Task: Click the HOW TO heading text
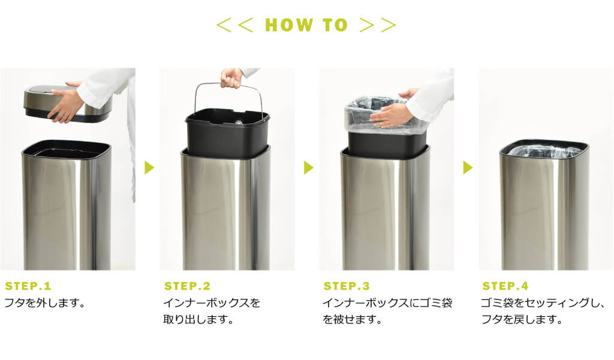[306, 25]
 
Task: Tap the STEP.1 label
[28, 286]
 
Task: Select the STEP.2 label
[187, 286]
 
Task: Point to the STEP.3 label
[347, 286]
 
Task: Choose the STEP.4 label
[505, 286]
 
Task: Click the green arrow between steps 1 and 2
[149, 167]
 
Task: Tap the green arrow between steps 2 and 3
[309, 167]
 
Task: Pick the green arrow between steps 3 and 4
[468, 167]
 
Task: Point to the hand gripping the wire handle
[231, 79]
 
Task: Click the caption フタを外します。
[44, 303]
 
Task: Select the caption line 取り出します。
[198, 319]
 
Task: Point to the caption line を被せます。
[353, 319]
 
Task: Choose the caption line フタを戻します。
[522, 319]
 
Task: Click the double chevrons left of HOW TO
[234, 25]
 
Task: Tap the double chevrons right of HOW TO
[378, 25]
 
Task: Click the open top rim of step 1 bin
[67, 143]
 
